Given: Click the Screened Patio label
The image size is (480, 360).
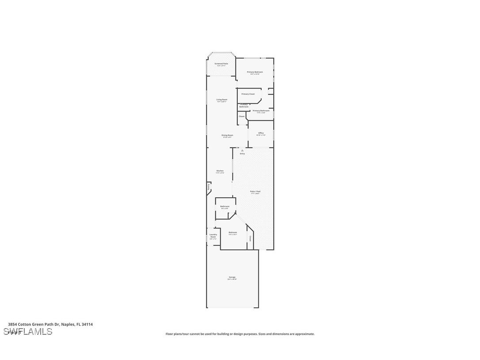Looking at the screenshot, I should [x=221, y=64].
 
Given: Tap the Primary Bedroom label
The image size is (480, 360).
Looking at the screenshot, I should [x=255, y=72].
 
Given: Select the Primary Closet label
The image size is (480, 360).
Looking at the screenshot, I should [x=248, y=94].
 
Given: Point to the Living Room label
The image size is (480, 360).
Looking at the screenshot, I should [x=222, y=100].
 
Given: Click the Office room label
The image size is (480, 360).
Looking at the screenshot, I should [x=261, y=133].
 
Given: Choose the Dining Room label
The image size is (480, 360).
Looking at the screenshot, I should [x=228, y=135].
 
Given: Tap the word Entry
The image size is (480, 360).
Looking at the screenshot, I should [x=242, y=153].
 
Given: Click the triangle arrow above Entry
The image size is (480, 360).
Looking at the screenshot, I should [x=242, y=150].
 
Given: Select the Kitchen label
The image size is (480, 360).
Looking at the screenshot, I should [x=220, y=171].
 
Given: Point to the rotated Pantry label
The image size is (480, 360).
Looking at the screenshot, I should [x=209, y=187].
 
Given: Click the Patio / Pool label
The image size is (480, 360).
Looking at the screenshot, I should [x=255, y=191].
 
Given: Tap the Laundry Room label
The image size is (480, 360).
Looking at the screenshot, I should [x=213, y=236].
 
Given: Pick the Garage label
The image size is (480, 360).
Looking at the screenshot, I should [x=232, y=277].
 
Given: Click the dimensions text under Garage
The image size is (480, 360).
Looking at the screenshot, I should [x=232, y=280].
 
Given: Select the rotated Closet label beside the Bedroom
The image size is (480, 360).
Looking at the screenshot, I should [x=250, y=238].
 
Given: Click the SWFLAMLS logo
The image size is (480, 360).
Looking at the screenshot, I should [x=28, y=332].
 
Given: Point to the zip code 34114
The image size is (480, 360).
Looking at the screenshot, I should [x=88, y=324].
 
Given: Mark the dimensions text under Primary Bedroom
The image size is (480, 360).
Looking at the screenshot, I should [x=255, y=74].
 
